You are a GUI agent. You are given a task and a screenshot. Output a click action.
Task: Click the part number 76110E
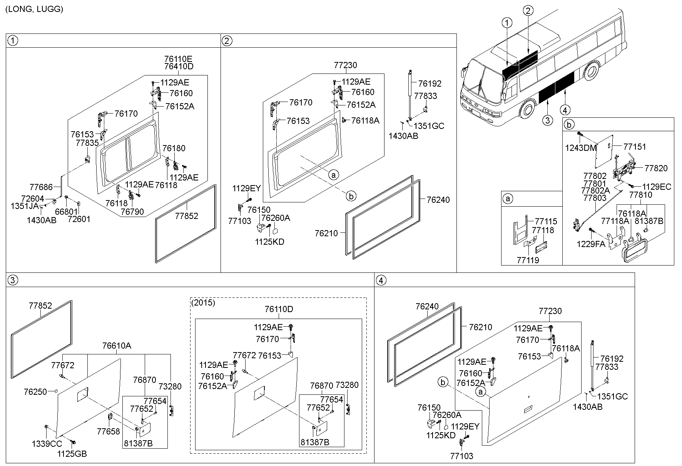coord(178,59)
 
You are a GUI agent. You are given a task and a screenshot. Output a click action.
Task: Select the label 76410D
coord(179,66)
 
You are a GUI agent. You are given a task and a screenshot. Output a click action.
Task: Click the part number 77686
coord(41,187)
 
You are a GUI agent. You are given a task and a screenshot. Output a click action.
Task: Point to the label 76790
coord(132,212)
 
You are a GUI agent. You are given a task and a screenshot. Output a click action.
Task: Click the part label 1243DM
coord(581,148)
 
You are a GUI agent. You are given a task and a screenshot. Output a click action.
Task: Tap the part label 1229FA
coord(591,244)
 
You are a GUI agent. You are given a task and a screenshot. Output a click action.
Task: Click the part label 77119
coord(528,260)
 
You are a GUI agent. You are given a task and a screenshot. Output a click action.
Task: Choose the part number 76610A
coord(117,346)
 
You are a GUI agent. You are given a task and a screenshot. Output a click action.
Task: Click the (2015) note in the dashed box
coord(203,302)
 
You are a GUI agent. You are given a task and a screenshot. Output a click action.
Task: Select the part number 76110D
coord(279,309)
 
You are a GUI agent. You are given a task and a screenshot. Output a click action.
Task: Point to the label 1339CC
coord(47,444)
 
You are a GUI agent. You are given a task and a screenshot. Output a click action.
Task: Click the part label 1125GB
coord(72,454)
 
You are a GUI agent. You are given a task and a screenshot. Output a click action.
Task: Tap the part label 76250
coord(35,392)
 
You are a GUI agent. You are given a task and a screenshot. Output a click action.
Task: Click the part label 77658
coord(109,432)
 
